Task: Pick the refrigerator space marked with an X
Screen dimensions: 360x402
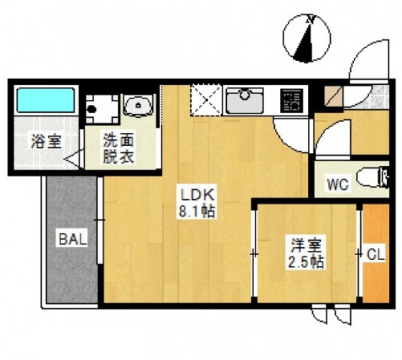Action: click(205, 99)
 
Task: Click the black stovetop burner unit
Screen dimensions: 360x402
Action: click(291, 100)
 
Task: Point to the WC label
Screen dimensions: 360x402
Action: click(337, 185)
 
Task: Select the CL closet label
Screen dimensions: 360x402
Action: click(375, 254)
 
